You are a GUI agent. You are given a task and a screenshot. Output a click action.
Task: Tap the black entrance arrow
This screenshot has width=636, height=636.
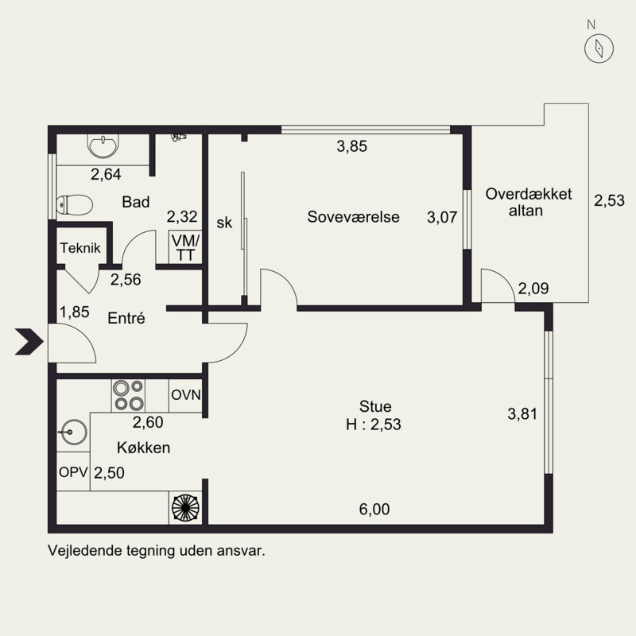click(x=29, y=342)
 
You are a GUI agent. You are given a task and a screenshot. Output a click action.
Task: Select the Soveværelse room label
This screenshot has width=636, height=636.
click(x=353, y=217)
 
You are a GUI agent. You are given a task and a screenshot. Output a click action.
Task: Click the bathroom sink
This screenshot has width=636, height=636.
click(x=103, y=146)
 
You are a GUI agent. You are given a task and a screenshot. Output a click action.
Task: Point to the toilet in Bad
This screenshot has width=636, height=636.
click(x=74, y=205)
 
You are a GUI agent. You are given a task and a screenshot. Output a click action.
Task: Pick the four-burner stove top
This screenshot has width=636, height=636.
click(x=128, y=395)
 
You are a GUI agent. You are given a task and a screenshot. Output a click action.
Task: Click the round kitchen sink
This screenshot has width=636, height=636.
click(x=73, y=432)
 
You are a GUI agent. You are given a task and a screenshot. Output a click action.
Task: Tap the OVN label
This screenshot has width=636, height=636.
click(x=186, y=394)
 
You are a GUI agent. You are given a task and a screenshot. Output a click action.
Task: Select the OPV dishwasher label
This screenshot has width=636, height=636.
click(x=73, y=471)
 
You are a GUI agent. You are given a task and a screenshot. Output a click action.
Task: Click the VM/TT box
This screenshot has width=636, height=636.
click(x=185, y=247)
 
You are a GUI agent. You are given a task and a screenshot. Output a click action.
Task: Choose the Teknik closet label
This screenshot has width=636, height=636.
click(x=80, y=248)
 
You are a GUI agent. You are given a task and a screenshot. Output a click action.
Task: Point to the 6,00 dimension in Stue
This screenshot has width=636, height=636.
click(x=374, y=509)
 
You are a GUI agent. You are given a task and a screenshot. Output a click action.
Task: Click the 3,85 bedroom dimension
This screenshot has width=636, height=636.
click(x=351, y=146)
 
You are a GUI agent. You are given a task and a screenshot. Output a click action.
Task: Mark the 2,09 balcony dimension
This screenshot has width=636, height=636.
click(x=533, y=289)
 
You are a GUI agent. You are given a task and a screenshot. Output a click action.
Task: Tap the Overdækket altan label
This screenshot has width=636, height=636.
click(x=529, y=202)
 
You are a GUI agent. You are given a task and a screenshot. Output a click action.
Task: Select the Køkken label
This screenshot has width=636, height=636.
click(x=144, y=448)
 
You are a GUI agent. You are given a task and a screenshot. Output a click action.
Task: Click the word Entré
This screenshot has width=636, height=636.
click(x=126, y=318)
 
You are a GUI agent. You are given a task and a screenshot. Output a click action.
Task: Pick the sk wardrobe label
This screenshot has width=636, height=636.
click(x=224, y=223)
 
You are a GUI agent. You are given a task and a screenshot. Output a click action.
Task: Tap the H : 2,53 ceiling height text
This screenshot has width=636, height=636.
click(x=374, y=425)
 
